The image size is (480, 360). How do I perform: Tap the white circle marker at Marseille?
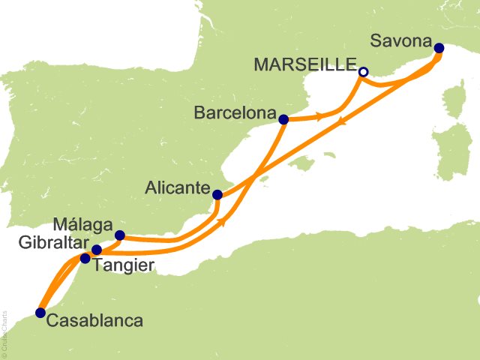363,72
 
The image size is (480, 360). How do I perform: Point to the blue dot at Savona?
439,49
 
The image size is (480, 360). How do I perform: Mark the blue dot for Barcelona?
283,119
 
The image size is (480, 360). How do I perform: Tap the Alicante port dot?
217,195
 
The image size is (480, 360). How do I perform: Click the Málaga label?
82,224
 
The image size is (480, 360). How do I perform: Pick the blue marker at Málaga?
119,235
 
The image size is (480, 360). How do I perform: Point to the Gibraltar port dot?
96,250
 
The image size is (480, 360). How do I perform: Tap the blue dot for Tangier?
85,259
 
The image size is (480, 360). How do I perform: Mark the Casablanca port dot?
40,313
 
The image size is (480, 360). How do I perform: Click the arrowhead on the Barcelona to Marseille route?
320,116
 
